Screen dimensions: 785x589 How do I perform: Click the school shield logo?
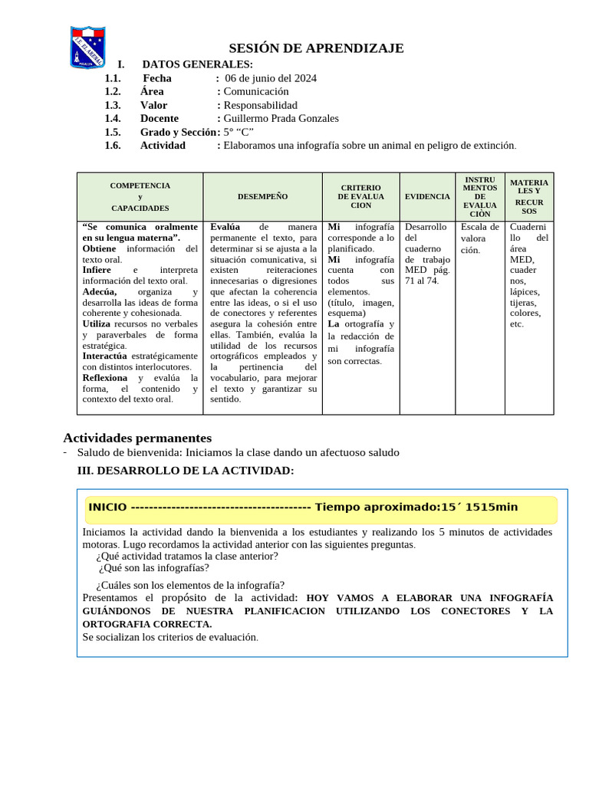(x=87, y=47)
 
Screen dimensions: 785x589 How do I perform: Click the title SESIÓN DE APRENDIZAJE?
(x=316, y=49)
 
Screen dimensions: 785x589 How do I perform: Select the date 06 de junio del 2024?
(x=270, y=78)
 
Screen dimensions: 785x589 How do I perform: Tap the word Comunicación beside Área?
(x=256, y=91)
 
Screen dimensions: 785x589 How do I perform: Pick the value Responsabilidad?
(x=260, y=105)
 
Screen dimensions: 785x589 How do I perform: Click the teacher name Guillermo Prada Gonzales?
(x=281, y=118)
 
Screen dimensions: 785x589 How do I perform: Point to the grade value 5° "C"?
(x=238, y=132)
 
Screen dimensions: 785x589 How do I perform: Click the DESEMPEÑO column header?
(x=262, y=196)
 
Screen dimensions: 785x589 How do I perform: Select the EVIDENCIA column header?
(x=427, y=196)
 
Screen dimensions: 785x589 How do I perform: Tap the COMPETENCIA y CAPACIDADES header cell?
(x=140, y=196)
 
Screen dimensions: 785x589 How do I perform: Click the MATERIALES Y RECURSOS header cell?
(x=529, y=196)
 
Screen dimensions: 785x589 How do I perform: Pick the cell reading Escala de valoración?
(x=479, y=238)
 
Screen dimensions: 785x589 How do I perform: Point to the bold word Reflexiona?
(x=105, y=377)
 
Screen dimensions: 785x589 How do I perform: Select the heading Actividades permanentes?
(x=137, y=438)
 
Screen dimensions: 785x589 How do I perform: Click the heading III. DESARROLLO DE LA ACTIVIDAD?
(x=186, y=470)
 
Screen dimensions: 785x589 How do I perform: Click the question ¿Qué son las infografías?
(x=153, y=568)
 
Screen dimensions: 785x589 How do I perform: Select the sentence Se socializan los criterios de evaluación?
(x=170, y=637)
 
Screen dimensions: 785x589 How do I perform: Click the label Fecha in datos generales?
(x=157, y=78)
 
